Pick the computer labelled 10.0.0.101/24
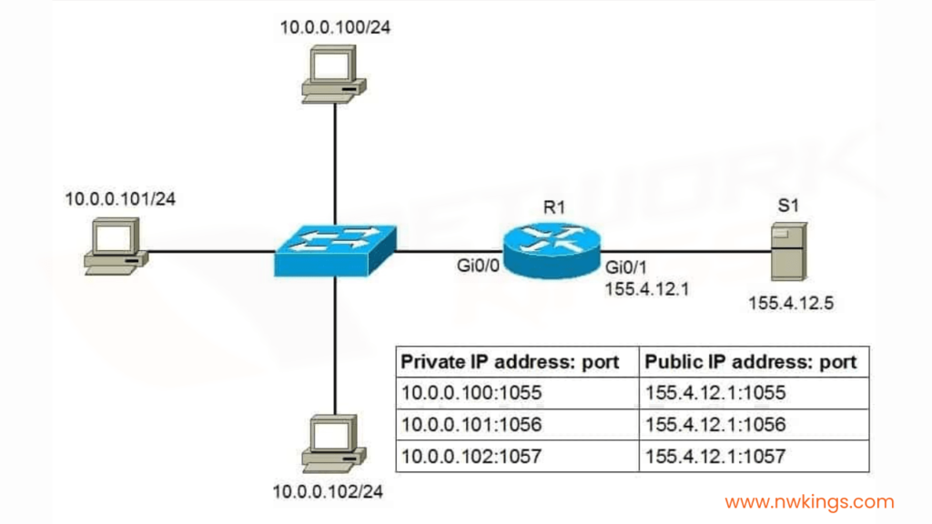point(116,247)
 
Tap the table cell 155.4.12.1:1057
point(714,456)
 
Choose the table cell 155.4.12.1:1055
point(714,394)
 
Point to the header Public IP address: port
point(751,362)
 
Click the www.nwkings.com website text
point(809,501)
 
